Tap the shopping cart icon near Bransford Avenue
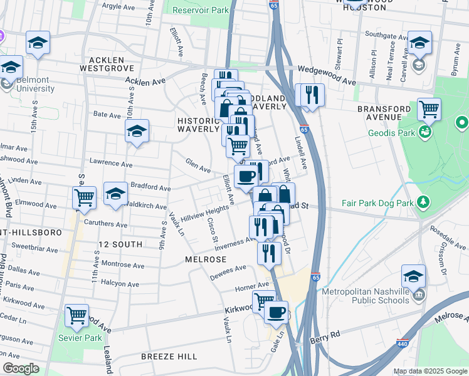click(429, 109)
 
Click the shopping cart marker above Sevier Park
click(76, 316)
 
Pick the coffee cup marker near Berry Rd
click(276, 311)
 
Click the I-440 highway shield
click(402, 345)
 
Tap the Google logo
click(21, 368)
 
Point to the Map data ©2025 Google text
click(429, 371)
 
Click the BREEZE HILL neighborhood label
click(169, 357)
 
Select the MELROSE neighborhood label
click(204, 258)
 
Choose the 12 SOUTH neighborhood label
click(120, 243)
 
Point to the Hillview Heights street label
click(205, 214)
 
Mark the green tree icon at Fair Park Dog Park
click(424, 201)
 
